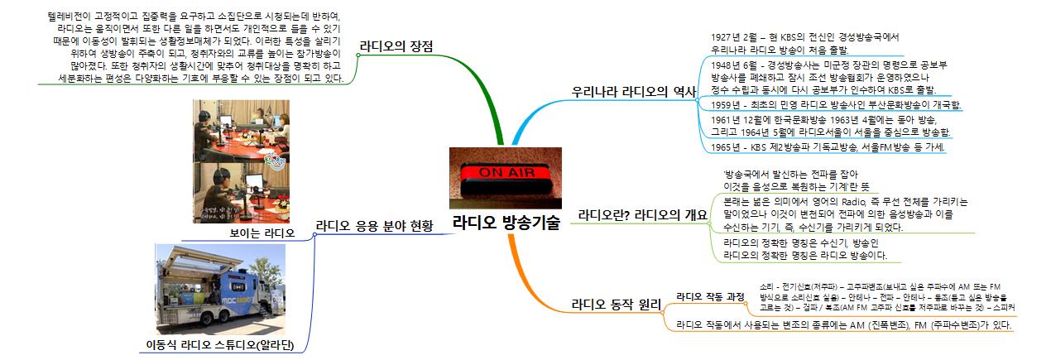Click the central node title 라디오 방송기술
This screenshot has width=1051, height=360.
click(505, 223)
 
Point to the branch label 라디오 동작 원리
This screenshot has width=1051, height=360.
click(617, 304)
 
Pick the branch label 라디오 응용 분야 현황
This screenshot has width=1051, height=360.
click(374, 225)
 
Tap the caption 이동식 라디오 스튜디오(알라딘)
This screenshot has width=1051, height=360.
click(228, 343)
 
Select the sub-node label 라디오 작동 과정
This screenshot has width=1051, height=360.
click(710, 295)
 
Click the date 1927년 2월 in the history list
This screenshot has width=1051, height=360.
click(735, 37)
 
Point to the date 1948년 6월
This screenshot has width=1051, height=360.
click(735, 65)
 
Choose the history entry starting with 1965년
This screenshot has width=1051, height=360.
click(828, 147)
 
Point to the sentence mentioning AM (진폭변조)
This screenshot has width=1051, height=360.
click(844, 326)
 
